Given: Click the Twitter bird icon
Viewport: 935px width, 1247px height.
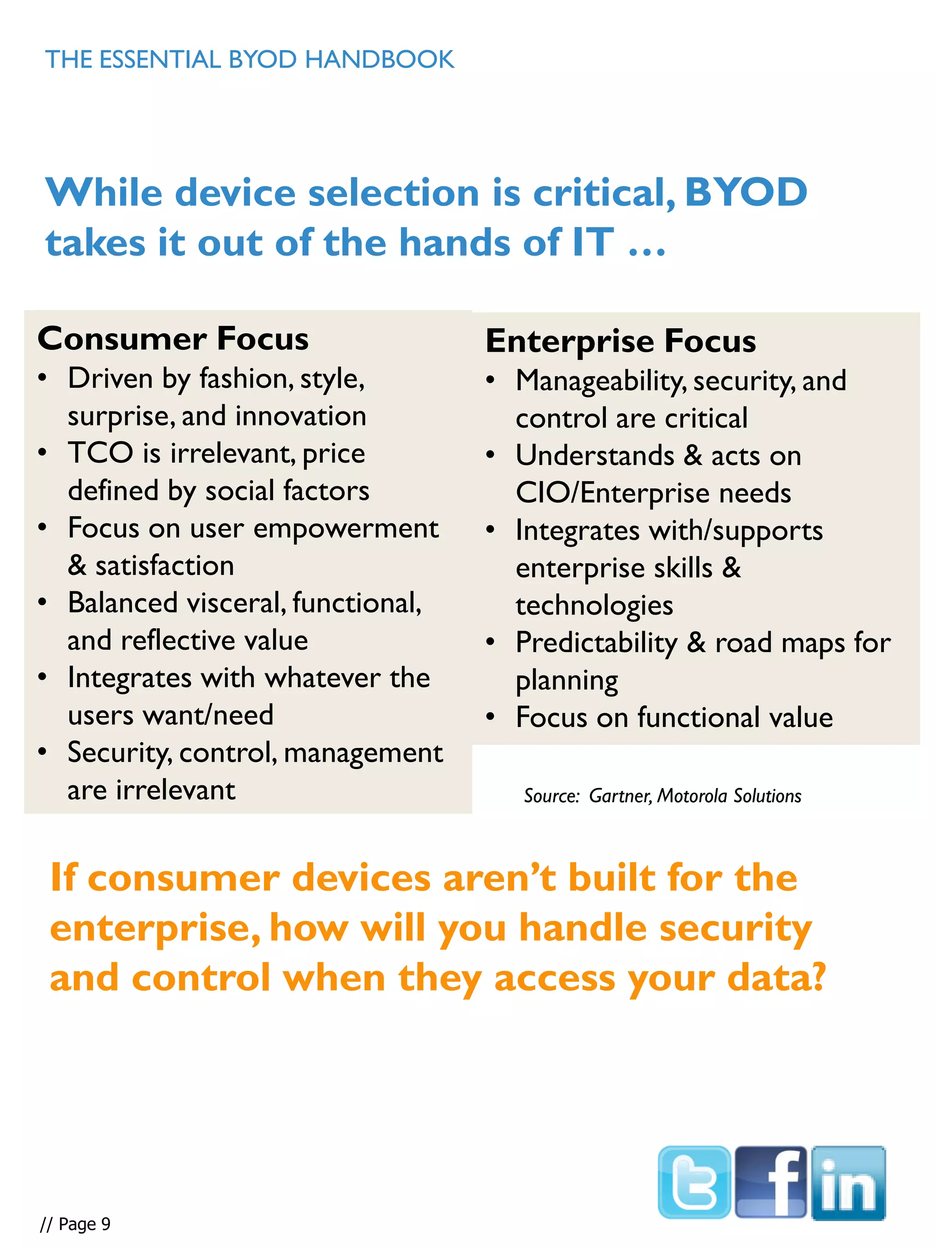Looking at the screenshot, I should click(x=694, y=1182).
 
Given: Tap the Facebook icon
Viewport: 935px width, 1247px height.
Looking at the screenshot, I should click(x=771, y=1182).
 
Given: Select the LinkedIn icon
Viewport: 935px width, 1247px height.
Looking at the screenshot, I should click(x=848, y=1183).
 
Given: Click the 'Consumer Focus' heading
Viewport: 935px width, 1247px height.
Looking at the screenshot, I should click(x=173, y=339).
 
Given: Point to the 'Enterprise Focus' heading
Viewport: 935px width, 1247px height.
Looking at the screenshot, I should click(x=620, y=341).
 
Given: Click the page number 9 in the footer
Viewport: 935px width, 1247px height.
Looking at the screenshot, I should click(x=105, y=1224).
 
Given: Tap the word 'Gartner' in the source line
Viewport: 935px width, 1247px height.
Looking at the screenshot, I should click(x=620, y=795).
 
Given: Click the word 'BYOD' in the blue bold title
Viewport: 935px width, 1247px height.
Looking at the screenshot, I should click(x=746, y=192).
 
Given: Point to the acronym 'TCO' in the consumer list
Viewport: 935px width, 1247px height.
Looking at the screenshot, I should click(x=100, y=452).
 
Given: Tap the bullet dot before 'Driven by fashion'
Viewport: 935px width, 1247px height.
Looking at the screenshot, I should click(x=42, y=378).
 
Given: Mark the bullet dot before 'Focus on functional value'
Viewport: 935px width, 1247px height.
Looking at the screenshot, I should click(x=490, y=717).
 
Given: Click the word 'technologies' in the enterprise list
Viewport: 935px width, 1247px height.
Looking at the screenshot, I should click(x=594, y=605).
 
